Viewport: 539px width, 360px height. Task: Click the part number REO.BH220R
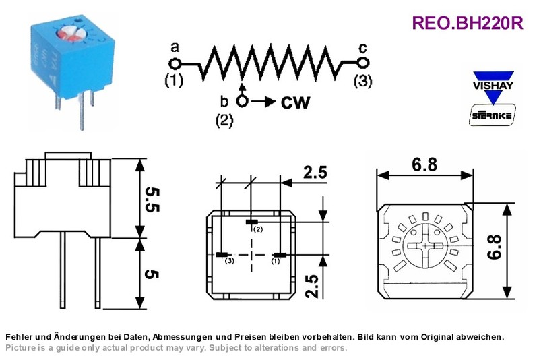coord(468,23)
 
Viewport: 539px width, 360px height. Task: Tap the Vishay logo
coord(493,88)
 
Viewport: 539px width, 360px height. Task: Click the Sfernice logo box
coord(492,115)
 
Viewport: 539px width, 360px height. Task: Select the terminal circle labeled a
coord(175,63)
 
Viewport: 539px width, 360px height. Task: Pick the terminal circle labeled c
coord(362,63)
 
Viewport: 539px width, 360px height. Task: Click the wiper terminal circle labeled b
coord(243,101)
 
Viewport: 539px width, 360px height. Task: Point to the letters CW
coord(295,102)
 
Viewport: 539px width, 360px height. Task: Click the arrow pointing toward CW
coord(263,102)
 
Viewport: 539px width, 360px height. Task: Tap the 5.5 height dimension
coord(152,200)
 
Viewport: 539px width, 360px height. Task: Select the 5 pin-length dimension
coord(152,274)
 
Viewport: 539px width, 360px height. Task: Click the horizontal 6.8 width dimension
coord(425,165)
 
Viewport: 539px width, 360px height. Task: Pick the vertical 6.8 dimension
coord(495,247)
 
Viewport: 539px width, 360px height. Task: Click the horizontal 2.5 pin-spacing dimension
coord(315,173)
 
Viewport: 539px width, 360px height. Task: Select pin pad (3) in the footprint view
coord(222,255)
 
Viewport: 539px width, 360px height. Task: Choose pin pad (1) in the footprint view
coord(280,255)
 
